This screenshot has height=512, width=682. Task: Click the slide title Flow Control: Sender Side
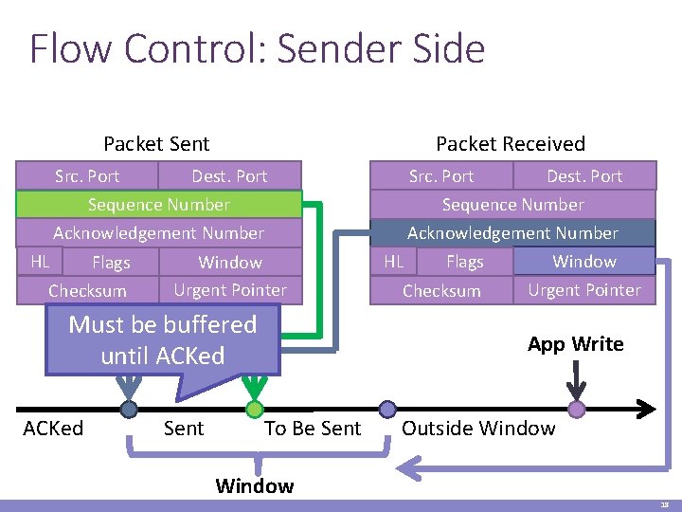[257, 49]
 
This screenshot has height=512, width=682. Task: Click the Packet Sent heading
[156, 144]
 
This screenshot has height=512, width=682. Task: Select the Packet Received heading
[511, 144]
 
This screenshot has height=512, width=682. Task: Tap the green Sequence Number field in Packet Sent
[159, 205]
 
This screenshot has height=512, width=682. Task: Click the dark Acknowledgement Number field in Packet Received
[512, 233]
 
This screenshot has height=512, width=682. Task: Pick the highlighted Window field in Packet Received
[583, 261]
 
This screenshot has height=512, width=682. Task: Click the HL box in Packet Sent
[40, 261]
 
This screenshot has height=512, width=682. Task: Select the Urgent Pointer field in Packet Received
[583, 290]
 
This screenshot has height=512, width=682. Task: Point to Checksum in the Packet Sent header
[87, 291]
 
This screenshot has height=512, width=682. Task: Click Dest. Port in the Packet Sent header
[229, 176]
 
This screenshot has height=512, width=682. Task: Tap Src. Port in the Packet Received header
[441, 176]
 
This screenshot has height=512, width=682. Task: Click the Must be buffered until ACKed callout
[163, 340]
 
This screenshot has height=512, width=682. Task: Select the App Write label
[576, 344]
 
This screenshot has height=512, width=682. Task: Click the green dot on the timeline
[254, 410]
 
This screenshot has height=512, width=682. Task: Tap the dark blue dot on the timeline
[129, 410]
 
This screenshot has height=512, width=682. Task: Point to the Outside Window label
[478, 429]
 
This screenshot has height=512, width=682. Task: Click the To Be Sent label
[313, 429]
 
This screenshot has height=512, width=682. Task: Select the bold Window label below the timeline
[254, 486]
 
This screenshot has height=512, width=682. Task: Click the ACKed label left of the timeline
[53, 429]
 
